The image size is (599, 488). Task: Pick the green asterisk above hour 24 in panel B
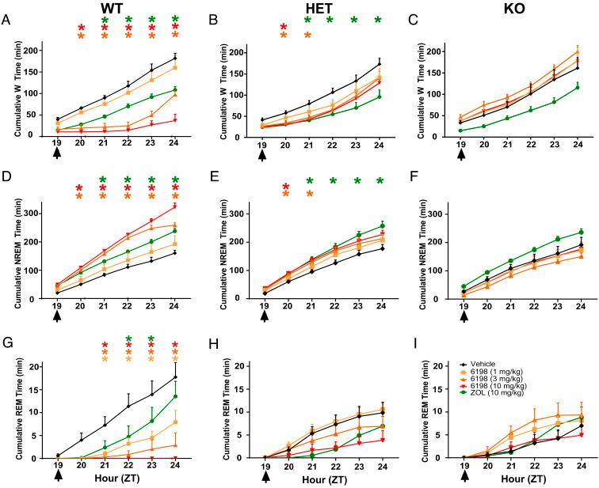(378, 21)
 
